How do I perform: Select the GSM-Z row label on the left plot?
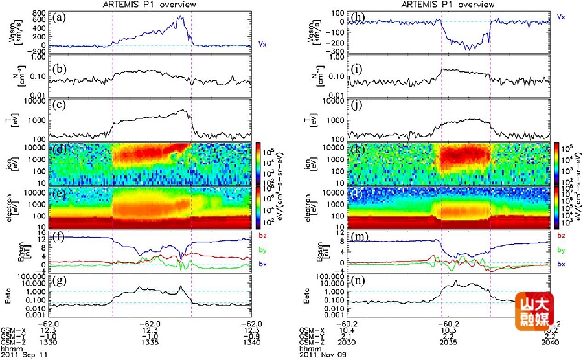click(x=12, y=342)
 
